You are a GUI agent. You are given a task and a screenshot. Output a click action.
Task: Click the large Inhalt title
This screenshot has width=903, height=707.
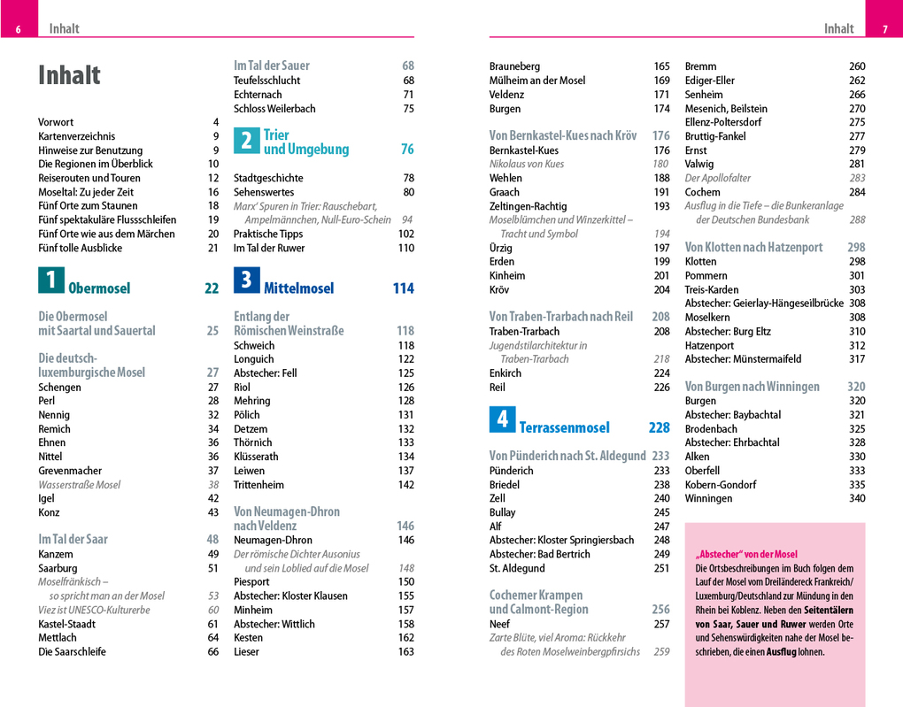69,76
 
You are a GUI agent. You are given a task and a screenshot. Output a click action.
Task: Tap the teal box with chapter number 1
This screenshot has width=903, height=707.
50,280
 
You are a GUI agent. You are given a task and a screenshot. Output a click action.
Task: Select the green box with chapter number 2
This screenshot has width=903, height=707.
246,142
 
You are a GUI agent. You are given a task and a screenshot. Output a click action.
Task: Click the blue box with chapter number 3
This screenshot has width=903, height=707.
246,280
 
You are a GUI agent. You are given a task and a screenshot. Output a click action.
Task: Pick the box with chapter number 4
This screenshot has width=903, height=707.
502,419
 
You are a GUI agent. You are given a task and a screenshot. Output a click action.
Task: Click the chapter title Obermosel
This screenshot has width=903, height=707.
99,288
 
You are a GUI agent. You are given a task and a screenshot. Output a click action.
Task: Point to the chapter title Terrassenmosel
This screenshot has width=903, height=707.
564,428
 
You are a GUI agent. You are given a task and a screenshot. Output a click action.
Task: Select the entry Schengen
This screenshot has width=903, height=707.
59,387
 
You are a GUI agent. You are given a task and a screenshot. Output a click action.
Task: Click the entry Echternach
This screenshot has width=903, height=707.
258,95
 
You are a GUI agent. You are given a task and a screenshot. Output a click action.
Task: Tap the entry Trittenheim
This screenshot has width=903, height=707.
260,484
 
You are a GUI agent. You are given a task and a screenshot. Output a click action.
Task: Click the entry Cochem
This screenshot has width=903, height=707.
703,192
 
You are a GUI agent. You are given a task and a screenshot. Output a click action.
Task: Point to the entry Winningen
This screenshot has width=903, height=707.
708,498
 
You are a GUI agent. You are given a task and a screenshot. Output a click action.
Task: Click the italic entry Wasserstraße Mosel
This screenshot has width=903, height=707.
79,485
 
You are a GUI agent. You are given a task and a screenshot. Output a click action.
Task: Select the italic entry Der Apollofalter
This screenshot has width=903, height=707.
717,178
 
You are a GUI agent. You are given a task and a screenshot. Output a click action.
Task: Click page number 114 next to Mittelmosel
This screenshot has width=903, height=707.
403,288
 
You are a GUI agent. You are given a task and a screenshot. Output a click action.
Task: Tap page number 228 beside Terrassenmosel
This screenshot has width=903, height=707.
659,428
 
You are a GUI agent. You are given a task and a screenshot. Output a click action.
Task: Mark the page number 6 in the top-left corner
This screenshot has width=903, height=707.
18,30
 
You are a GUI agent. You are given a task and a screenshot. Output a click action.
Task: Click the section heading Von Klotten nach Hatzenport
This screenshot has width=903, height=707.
753,248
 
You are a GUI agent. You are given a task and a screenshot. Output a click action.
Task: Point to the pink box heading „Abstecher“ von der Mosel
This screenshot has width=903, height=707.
746,555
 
